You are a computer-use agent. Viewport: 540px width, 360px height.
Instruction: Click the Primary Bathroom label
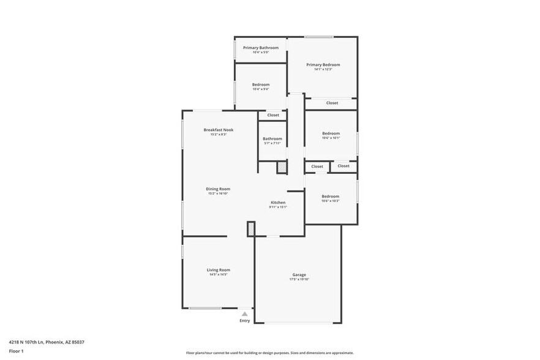[260, 48]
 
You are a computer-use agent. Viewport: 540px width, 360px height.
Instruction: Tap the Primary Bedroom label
[323, 64]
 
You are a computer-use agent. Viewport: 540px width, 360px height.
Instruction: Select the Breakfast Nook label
[218, 130]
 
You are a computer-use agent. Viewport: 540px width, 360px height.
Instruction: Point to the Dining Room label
[217, 189]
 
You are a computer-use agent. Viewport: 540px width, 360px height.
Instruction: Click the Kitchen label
[278, 202]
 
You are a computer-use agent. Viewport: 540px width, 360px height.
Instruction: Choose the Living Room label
[218, 269]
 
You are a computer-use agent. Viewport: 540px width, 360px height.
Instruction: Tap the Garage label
[299, 274]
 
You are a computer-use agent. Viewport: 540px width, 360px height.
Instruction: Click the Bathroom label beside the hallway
[272, 138]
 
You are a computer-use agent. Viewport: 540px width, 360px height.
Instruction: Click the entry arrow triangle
[244, 313]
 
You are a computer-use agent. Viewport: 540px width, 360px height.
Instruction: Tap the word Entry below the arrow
[244, 320]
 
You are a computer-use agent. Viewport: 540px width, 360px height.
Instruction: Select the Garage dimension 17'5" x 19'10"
[299, 279]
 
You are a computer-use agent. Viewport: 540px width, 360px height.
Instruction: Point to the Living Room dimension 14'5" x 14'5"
[218, 274]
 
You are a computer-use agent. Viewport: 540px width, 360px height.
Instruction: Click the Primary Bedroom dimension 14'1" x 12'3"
[323, 69]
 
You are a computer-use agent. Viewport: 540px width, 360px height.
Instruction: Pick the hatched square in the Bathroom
[282, 167]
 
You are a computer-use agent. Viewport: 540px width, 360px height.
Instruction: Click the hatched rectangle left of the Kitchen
[250, 229]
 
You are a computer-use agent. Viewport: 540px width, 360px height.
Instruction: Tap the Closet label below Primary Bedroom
[332, 103]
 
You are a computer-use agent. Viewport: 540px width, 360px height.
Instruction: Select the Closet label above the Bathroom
[272, 115]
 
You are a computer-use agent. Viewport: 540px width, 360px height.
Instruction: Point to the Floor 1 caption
[16, 351]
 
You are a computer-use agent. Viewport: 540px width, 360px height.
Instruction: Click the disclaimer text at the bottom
[269, 353]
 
